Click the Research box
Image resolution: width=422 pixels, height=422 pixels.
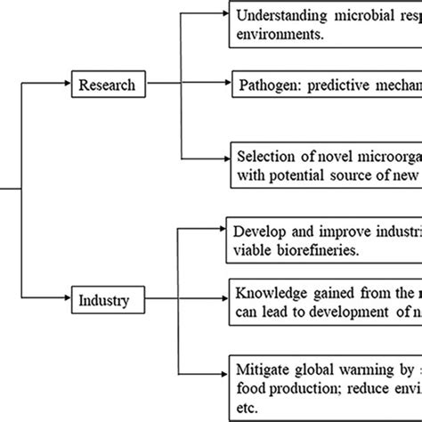(x=107, y=85)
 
